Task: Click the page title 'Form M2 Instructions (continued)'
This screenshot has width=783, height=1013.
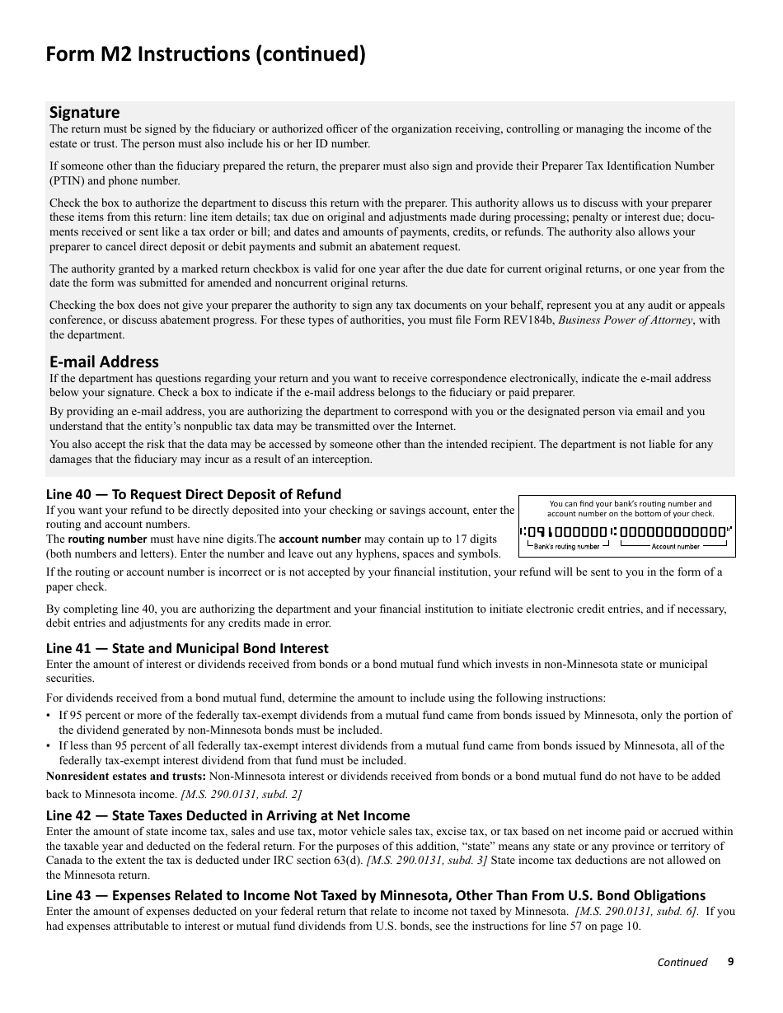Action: pos(206,54)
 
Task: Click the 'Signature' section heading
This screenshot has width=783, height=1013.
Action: pos(84,112)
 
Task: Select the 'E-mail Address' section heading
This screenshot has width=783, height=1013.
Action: pos(104,362)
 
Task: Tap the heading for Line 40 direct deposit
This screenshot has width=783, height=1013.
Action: pos(193,494)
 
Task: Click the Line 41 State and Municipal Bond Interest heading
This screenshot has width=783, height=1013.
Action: pos(187,648)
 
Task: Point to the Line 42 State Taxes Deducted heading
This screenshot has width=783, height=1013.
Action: pos(227,815)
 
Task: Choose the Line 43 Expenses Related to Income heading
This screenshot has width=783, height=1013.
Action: pos(376,895)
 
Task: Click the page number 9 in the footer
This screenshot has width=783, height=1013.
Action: pos(730,961)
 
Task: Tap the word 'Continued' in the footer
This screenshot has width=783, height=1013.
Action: pos(682,962)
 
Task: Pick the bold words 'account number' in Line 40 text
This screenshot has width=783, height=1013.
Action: pos(320,539)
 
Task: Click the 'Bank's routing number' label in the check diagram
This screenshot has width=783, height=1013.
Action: pos(566,546)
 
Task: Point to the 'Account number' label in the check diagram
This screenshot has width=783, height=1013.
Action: pos(675,546)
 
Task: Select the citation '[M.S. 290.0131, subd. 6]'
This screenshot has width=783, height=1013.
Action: pos(637,911)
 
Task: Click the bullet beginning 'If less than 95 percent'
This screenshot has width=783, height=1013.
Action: pos(391,753)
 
